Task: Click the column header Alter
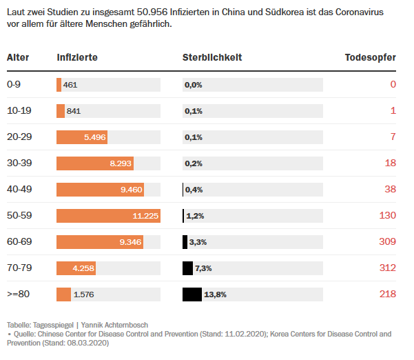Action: [18, 57]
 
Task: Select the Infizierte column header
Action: [77, 57]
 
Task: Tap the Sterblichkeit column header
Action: [212, 57]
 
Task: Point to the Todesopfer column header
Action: [370, 57]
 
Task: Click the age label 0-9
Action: [14, 85]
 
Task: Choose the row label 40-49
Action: [19, 190]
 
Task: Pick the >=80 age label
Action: [19, 294]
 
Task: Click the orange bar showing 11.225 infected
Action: [108, 216]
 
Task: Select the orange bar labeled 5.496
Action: [83, 137]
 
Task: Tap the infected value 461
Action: [70, 85]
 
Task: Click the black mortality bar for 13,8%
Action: [192, 294]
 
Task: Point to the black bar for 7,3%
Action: [187, 268]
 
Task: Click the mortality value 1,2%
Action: [195, 216]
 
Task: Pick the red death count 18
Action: [391, 163]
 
